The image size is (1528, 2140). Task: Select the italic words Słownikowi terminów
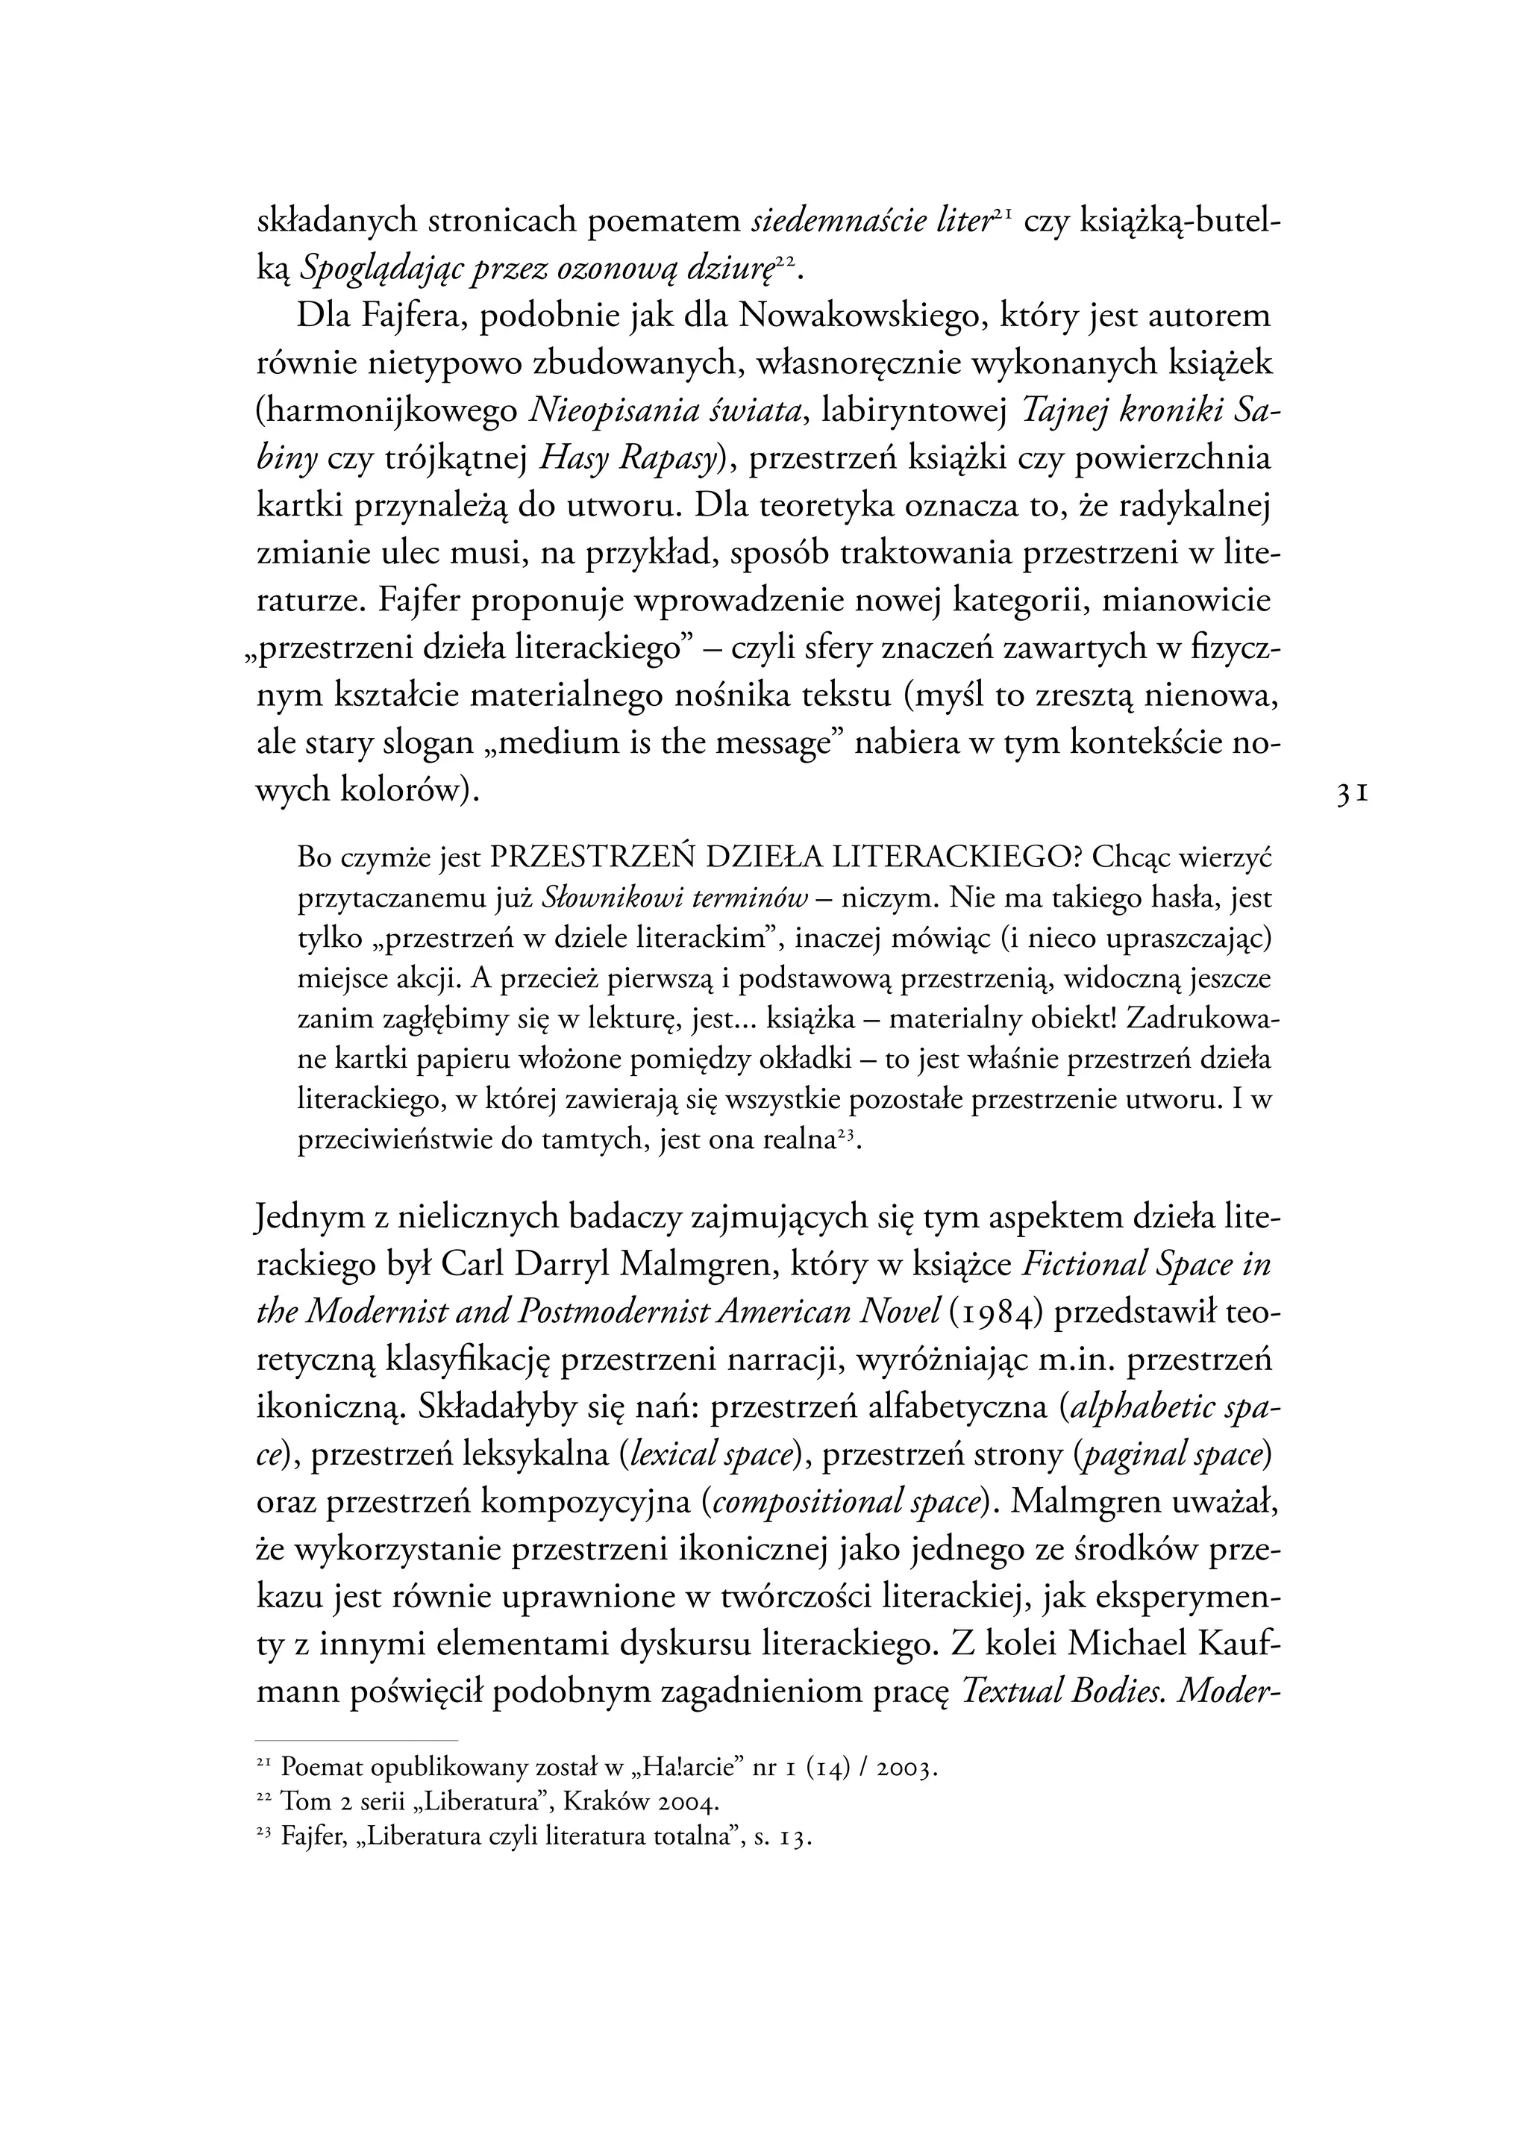pyautogui.click(x=675, y=898)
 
